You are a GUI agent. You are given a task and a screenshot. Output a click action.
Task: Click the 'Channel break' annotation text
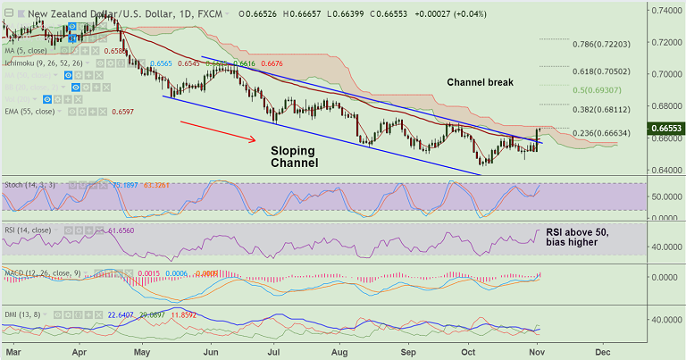492,82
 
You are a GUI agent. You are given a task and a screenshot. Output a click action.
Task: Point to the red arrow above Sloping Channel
218,131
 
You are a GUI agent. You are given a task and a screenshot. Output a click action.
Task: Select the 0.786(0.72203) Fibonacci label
604,44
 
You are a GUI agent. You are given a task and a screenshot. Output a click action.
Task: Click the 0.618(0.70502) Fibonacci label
604,71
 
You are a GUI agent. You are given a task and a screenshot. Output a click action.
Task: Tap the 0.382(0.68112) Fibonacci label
604,110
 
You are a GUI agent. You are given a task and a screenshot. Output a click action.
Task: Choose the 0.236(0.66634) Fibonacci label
604,134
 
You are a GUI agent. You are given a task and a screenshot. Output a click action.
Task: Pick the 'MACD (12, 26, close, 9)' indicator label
45,272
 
